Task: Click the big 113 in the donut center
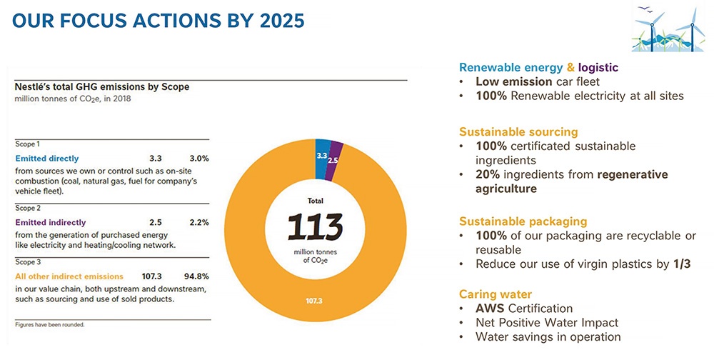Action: (314, 227)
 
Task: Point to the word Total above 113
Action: (314, 201)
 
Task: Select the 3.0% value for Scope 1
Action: (198, 159)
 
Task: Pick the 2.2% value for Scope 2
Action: (198, 222)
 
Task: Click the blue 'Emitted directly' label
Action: (47, 159)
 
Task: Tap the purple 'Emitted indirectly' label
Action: (51, 222)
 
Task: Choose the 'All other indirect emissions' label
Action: (69, 276)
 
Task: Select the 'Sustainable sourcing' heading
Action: (518, 132)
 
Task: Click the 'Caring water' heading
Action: (495, 294)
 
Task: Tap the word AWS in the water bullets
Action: (491, 309)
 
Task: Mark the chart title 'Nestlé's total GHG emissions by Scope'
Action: (102, 86)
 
